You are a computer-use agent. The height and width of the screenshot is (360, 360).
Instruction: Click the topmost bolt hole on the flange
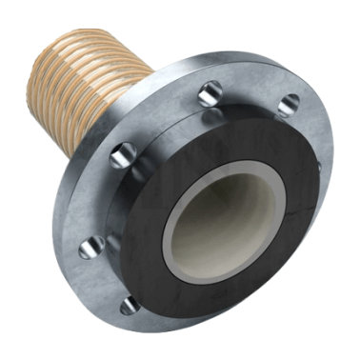[x=212, y=92]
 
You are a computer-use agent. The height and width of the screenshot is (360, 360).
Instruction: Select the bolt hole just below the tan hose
[x=122, y=154]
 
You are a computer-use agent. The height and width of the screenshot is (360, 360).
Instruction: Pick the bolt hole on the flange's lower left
[x=88, y=247]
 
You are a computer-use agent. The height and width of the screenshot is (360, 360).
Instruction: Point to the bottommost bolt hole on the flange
[x=129, y=305]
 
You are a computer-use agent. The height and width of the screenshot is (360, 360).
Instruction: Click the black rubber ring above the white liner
[x=248, y=138]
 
